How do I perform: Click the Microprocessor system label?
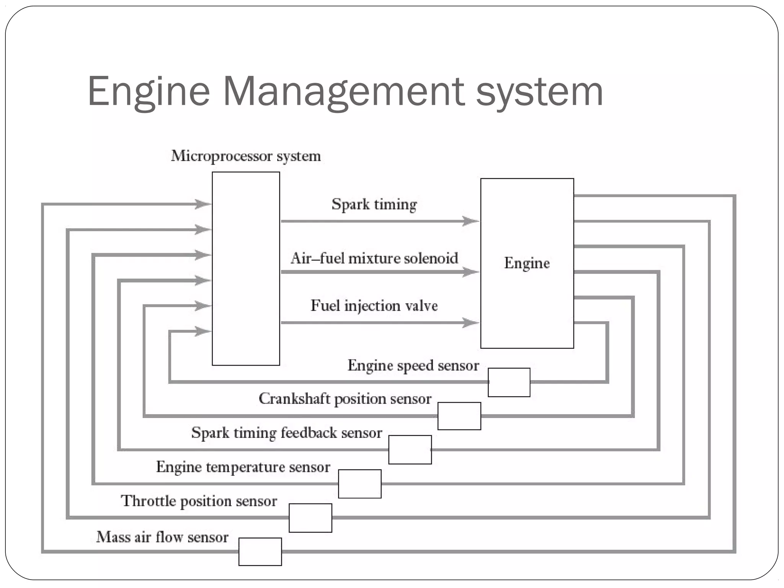[246, 156]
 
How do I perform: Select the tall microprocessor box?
[246, 268]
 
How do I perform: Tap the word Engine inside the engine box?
[527, 263]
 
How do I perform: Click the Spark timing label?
[374, 204]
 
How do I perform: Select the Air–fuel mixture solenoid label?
[374, 258]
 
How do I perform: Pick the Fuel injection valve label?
[374, 306]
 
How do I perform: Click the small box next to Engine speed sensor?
[509, 382]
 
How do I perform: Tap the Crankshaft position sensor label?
[345, 399]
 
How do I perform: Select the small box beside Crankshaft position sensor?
[459, 416]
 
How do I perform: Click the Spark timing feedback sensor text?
[287, 433]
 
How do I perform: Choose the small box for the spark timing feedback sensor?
[410, 449]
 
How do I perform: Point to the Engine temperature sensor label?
[243, 467]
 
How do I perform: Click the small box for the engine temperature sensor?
[359, 483]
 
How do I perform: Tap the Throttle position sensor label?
[199, 501]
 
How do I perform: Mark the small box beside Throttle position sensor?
[310, 518]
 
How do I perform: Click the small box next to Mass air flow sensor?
[260, 552]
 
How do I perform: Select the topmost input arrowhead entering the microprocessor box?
[202, 204]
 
